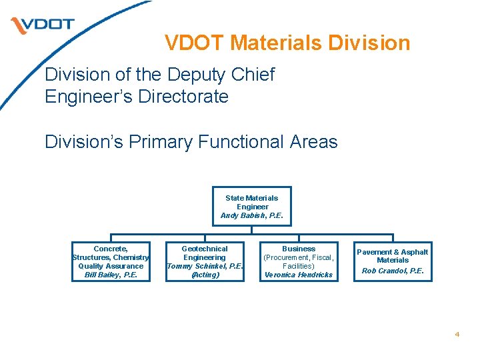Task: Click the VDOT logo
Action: pos(42,25)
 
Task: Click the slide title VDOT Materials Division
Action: pos(287,43)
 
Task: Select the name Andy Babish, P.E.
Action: pos(252,215)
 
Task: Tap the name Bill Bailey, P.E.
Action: pos(111,275)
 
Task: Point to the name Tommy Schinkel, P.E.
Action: pos(205,266)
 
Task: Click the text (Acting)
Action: pos(205,275)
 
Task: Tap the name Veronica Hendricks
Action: pos(299,275)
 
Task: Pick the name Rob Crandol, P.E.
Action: pos(393,271)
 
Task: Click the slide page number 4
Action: pos(457,335)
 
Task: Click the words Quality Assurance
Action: pos(111,266)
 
